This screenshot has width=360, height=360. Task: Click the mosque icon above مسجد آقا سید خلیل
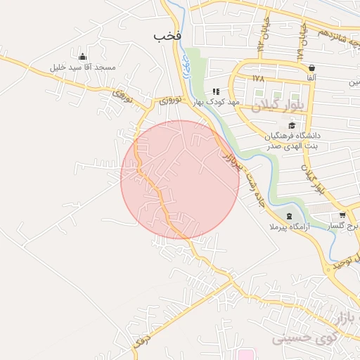click(x=83, y=57)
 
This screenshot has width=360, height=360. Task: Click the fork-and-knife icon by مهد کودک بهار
click(x=216, y=91)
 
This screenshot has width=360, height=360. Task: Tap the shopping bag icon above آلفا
click(x=311, y=67)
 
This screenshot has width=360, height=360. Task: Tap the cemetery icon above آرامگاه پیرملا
click(x=288, y=215)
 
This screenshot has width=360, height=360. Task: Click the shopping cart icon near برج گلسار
click(x=342, y=215)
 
